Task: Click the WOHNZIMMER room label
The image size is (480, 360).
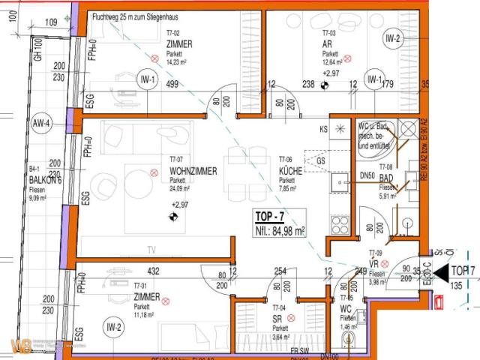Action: tap(193, 172)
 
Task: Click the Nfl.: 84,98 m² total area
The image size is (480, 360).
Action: tap(280, 232)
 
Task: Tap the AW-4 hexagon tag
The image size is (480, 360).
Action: tap(41, 124)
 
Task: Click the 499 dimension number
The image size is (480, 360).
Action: tap(172, 85)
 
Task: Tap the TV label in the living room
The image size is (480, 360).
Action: tap(151, 250)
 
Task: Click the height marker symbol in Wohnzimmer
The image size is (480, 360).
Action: tap(175, 218)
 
